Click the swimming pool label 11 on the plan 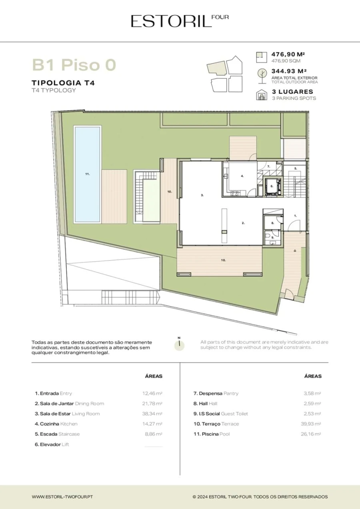[x=88, y=174]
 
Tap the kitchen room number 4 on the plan [x=242, y=176]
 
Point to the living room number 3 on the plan [x=202, y=195]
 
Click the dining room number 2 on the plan [x=243, y=223]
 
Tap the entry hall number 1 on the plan [x=295, y=216]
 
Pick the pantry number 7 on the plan [x=268, y=166]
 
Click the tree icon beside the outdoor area [x=262, y=76]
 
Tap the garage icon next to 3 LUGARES [x=262, y=95]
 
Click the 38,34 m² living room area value [x=152, y=414]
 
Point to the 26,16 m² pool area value [x=311, y=434]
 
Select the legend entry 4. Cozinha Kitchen [x=56, y=424]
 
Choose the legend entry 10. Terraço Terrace [x=216, y=424]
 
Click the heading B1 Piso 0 [x=74, y=65]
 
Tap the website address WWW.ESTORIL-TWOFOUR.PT [x=62, y=497]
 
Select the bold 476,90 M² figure [x=288, y=54]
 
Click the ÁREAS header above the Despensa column [x=313, y=376]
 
